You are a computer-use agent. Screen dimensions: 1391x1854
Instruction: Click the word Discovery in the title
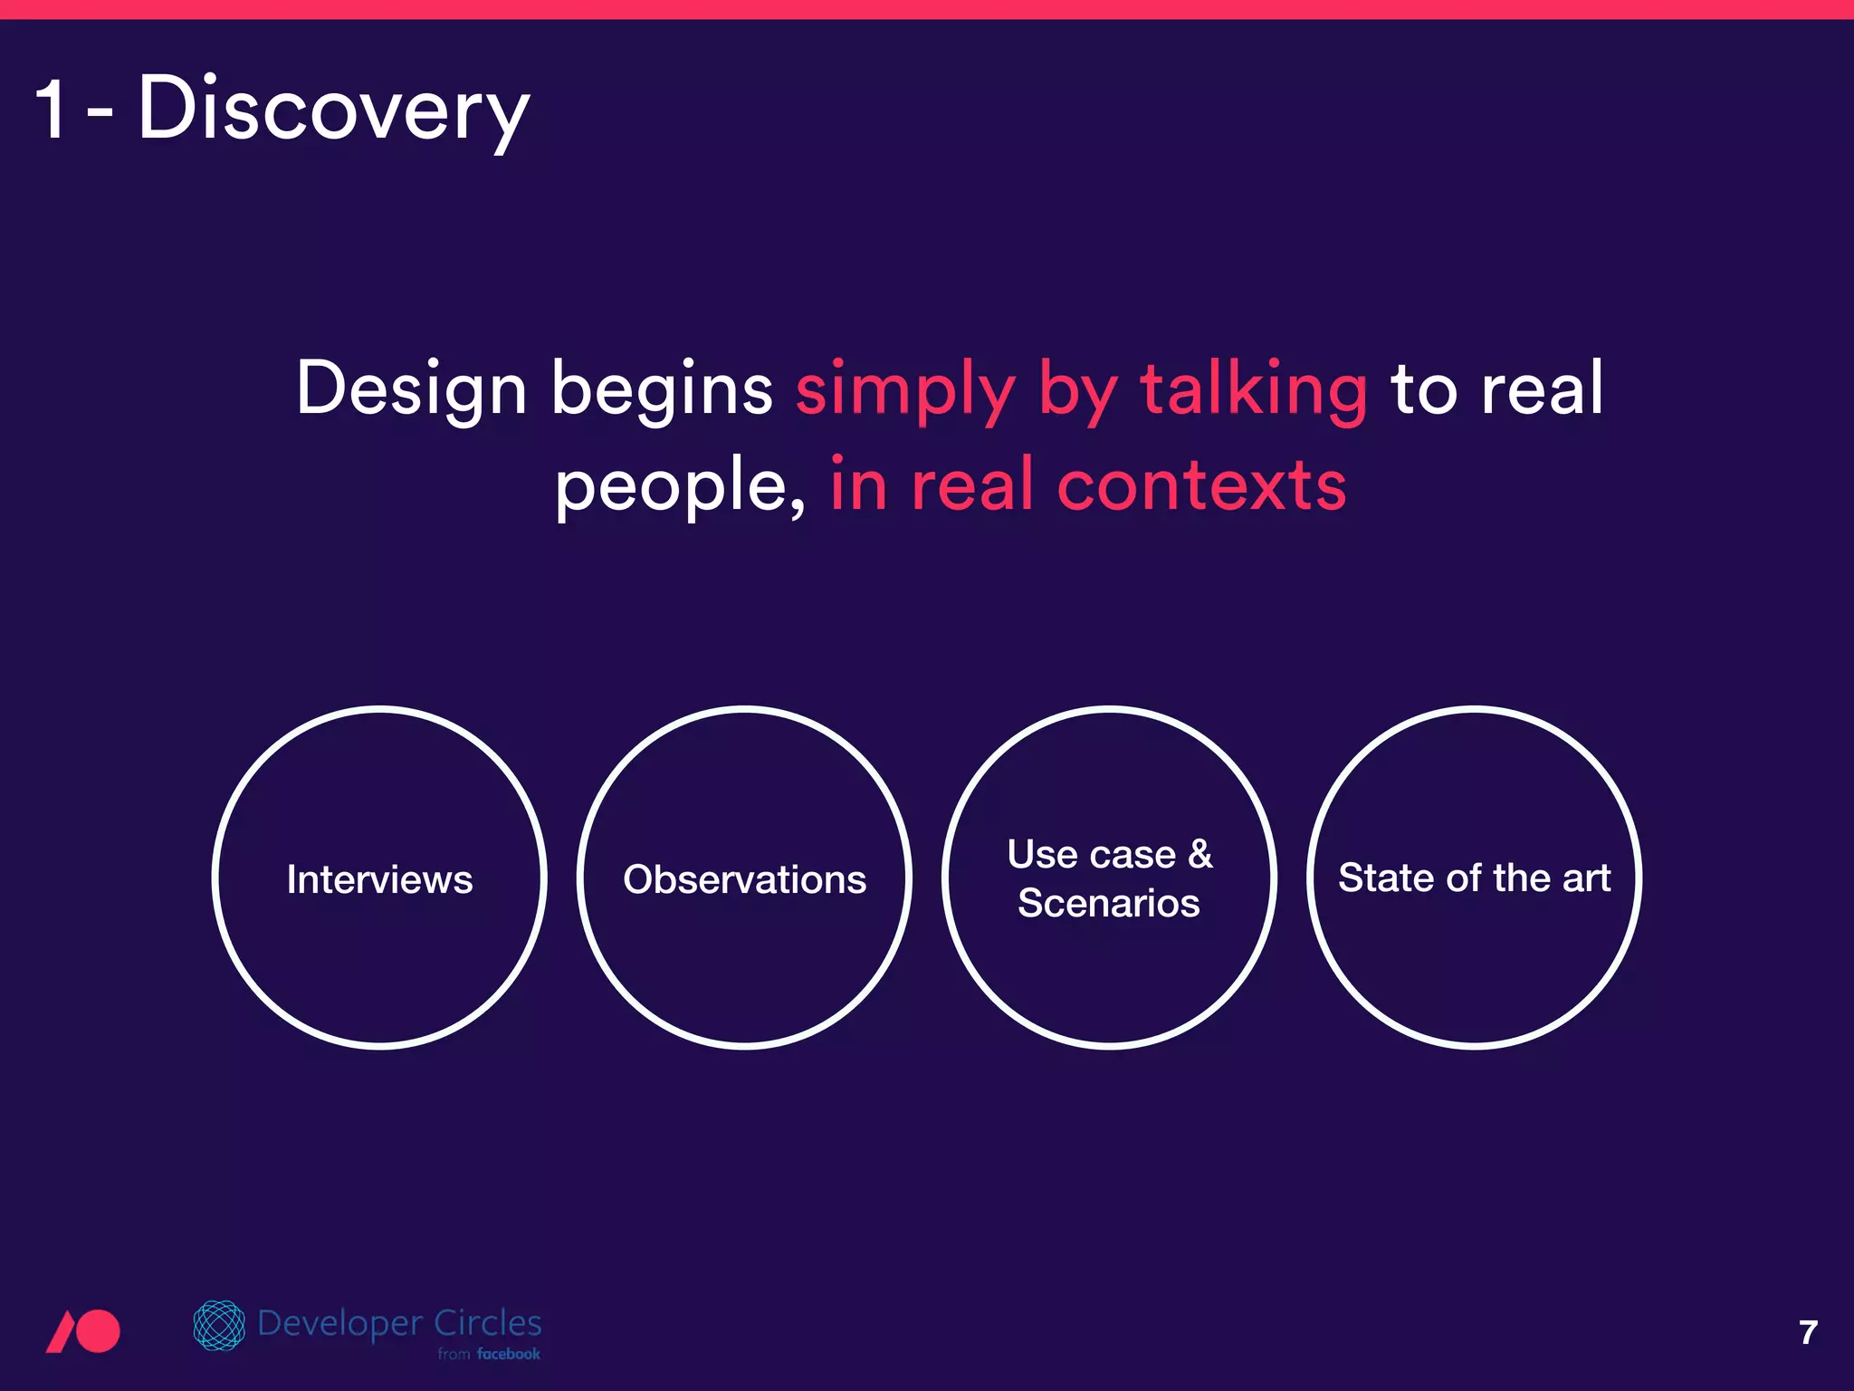tap(332, 109)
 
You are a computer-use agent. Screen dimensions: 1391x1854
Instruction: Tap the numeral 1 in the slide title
tap(52, 109)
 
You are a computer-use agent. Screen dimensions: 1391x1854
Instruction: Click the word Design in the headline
tap(411, 389)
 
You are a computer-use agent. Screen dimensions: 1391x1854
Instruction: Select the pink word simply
tap(905, 390)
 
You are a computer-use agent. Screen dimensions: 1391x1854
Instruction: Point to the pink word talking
tap(1253, 389)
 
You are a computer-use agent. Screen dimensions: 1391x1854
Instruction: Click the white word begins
tap(662, 390)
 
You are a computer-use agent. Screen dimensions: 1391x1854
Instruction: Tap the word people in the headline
tap(674, 487)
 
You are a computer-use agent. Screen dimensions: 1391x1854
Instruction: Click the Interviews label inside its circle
tap(379, 879)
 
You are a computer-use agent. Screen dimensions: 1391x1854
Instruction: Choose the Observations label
tap(744, 879)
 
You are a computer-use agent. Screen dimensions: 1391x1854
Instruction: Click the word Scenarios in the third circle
tap(1108, 903)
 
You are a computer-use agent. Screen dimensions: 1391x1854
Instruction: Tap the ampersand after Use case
tap(1200, 853)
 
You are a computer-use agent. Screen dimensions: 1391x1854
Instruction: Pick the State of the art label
tap(1474, 878)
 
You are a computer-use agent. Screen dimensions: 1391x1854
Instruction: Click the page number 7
tap(1808, 1332)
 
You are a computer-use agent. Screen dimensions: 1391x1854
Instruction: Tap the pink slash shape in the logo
tap(62, 1332)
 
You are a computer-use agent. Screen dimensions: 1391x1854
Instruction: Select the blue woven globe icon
tap(219, 1325)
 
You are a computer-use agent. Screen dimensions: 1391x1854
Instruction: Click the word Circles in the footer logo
tap(487, 1323)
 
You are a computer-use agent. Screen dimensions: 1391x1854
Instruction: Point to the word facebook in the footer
tap(508, 1354)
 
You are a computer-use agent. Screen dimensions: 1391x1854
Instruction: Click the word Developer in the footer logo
tap(340, 1324)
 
